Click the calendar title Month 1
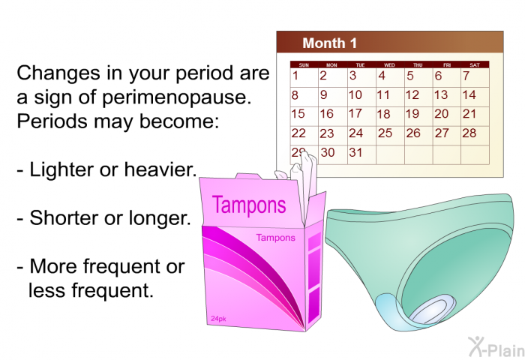click(329, 43)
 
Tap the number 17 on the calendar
click(355, 113)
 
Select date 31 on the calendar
click(355, 152)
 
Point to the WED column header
click(389, 65)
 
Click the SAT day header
click(475, 65)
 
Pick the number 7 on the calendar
click(466, 76)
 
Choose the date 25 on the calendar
click(385, 133)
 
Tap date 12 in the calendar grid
click(412, 94)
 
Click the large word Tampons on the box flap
click(249, 205)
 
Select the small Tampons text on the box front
click(275, 238)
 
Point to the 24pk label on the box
click(218, 319)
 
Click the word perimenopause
click(176, 97)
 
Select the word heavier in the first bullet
click(160, 169)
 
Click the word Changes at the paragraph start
click(58, 73)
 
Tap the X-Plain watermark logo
click(496, 346)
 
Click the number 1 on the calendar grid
click(295, 76)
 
